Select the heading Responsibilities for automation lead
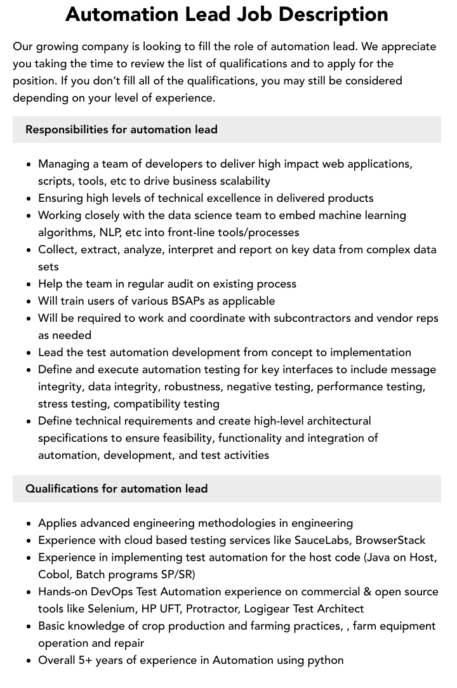121,129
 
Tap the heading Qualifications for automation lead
116,489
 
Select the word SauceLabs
321,540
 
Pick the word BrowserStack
390,540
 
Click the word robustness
193,387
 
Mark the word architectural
333,421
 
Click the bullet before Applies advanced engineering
29,524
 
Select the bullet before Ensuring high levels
29,199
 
